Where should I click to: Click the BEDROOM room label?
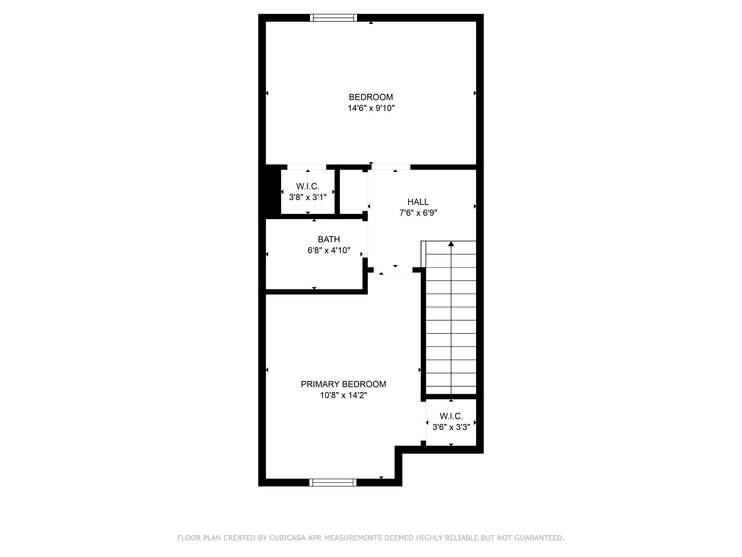371,97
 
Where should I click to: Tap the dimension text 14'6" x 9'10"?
371,108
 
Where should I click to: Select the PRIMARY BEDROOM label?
343,384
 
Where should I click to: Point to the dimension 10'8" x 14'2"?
343,395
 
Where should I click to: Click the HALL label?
418,202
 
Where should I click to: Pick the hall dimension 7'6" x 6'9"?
418,213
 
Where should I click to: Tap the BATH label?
329,239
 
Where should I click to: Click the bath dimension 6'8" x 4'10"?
329,250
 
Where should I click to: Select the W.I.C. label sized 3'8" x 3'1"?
308,186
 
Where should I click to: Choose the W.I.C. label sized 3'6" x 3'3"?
451,416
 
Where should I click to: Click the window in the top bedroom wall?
333,18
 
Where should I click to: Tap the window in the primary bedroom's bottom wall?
333,482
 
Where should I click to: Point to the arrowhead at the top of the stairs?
451,244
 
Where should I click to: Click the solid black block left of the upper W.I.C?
270,192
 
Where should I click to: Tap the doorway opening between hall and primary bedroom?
393,270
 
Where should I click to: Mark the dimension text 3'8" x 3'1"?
308,198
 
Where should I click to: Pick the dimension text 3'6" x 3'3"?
451,427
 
